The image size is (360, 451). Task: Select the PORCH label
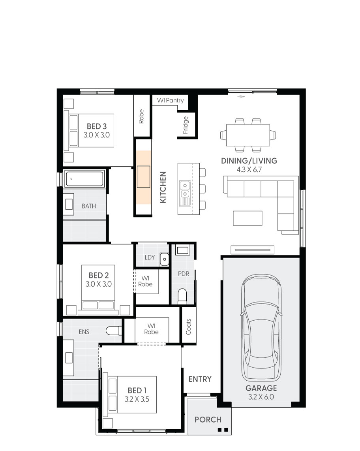point(208,419)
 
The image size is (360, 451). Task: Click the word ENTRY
point(200,379)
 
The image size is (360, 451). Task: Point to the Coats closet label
point(188,327)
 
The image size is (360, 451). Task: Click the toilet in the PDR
point(182,296)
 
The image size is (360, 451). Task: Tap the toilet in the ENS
point(115,331)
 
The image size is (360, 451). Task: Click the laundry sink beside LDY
point(164,259)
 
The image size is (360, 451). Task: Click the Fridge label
point(186,125)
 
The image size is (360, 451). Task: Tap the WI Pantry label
point(171,101)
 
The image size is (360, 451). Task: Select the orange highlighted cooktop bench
point(144,177)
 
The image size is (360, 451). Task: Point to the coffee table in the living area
point(247,218)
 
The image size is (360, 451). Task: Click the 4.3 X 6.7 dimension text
point(249,169)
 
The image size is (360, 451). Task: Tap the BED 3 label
point(97,126)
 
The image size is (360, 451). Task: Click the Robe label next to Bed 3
point(141,116)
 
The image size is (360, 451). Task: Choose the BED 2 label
point(98,275)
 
